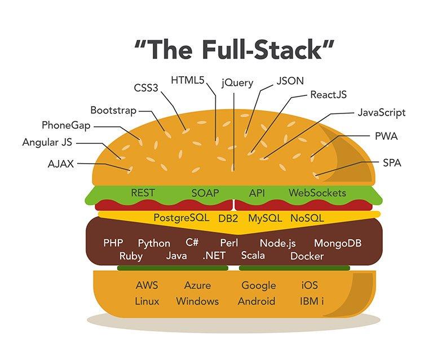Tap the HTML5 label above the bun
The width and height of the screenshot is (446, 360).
pyautogui.click(x=188, y=80)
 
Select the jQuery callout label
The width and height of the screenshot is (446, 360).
pyautogui.click(x=237, y=83)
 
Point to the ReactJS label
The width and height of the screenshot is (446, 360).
pyautogui.click(x=329, y=94)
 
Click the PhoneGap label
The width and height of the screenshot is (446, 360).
pyautogui.click(x=65, y=124)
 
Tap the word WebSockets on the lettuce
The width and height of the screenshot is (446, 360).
pyautogui.click(x=317, y=193)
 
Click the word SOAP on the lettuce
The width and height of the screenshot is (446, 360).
pyautogui.click(x=205, y=193)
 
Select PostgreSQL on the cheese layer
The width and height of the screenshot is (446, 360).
pyautogui.click(x=181, y=217)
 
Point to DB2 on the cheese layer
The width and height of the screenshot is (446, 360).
pyautogui.click(x=229, y=218)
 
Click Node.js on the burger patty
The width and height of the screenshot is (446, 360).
pyautogui.click(x=277, y=244)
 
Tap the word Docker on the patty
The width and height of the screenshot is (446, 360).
pyautogui.click(x=307, y=256)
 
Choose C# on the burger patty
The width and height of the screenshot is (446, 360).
pyautogui.click(x=192, y=243)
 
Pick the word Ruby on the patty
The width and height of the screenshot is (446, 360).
pyautogui.click(x=131, y=256)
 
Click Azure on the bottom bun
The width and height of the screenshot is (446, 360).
pyautogui.click(x=197, y=286)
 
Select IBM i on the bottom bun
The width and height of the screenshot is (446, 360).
pyautogui.click(x=312, y=301)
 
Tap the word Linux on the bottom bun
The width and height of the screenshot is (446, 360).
pyautogui.click(x=147, y=301)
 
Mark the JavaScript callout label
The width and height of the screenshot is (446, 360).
pyautogui.click(x=381, y=112)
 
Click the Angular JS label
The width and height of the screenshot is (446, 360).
pyautogui.click(x=48, y=142)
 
